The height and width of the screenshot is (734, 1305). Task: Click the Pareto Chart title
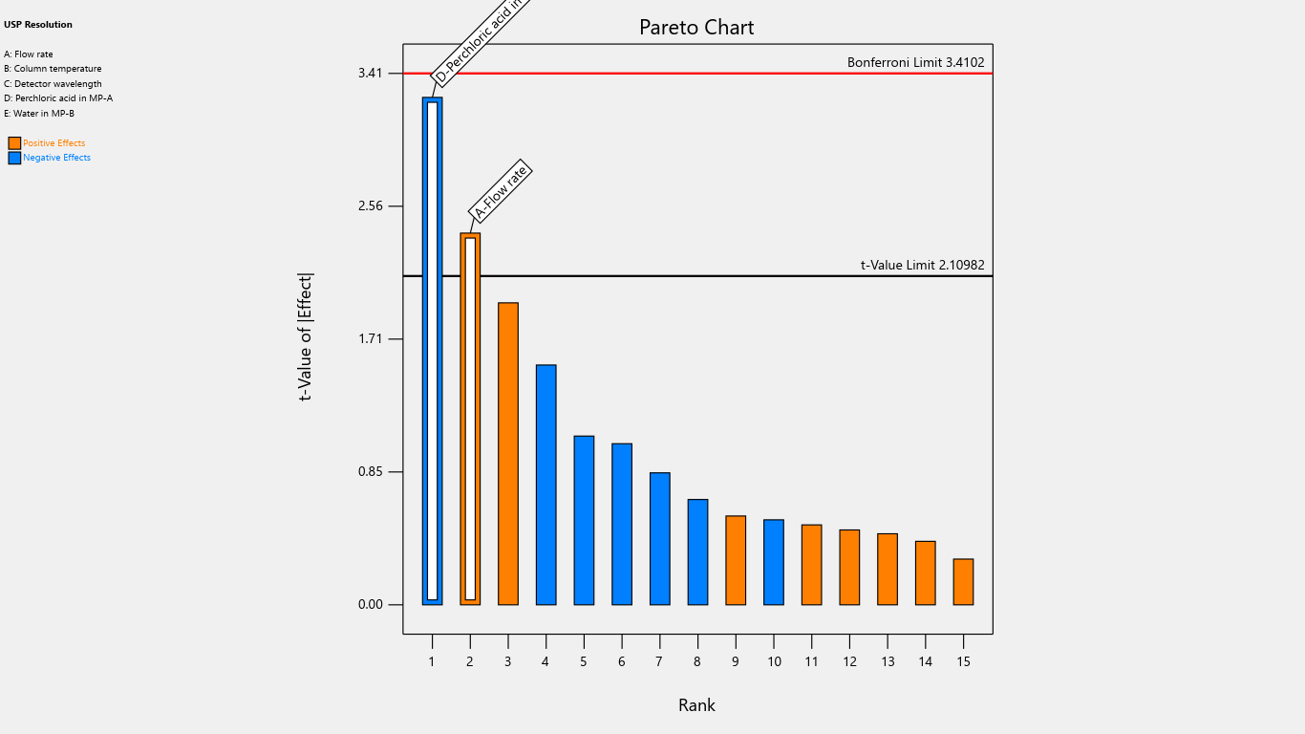696,28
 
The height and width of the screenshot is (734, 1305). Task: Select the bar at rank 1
432,351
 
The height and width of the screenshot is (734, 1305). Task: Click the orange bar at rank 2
470,419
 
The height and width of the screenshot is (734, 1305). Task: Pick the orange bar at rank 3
508,453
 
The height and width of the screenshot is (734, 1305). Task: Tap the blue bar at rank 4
546,485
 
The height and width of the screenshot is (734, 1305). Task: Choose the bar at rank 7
659,538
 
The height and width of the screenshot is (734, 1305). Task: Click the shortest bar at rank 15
963,581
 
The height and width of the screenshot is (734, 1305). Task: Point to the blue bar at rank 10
774,562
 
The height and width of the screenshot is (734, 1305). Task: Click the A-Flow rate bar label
501,190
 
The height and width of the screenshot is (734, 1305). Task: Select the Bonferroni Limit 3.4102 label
915,62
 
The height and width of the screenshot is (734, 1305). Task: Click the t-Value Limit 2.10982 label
922,265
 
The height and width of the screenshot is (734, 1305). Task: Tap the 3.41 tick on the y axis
370,73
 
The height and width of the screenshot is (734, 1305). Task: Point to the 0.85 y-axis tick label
370,471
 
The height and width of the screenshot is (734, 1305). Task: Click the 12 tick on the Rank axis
849,661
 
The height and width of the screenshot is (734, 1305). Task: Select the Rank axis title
696,705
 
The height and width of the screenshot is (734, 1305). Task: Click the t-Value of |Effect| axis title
306,336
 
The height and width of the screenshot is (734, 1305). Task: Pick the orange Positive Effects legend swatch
14,143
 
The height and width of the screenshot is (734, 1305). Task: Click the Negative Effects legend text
56,158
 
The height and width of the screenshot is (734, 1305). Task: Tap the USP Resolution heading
38,25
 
